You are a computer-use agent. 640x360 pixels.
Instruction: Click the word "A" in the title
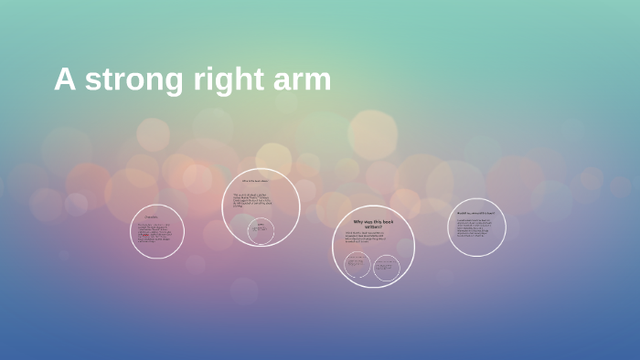click(x=63, y=79)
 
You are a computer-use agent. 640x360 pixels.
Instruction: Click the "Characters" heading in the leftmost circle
click(x=152, y=217)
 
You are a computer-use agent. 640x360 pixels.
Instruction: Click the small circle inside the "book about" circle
click(x=261, y=230)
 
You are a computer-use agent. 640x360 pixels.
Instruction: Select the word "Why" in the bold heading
click(x=359, y=222)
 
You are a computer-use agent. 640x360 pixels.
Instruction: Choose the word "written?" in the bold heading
click(x=375, y=228)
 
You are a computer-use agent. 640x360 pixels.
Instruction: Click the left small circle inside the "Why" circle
click(x=357, y=265)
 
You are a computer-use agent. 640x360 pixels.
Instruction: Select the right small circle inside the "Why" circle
click(x=387, y=266)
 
